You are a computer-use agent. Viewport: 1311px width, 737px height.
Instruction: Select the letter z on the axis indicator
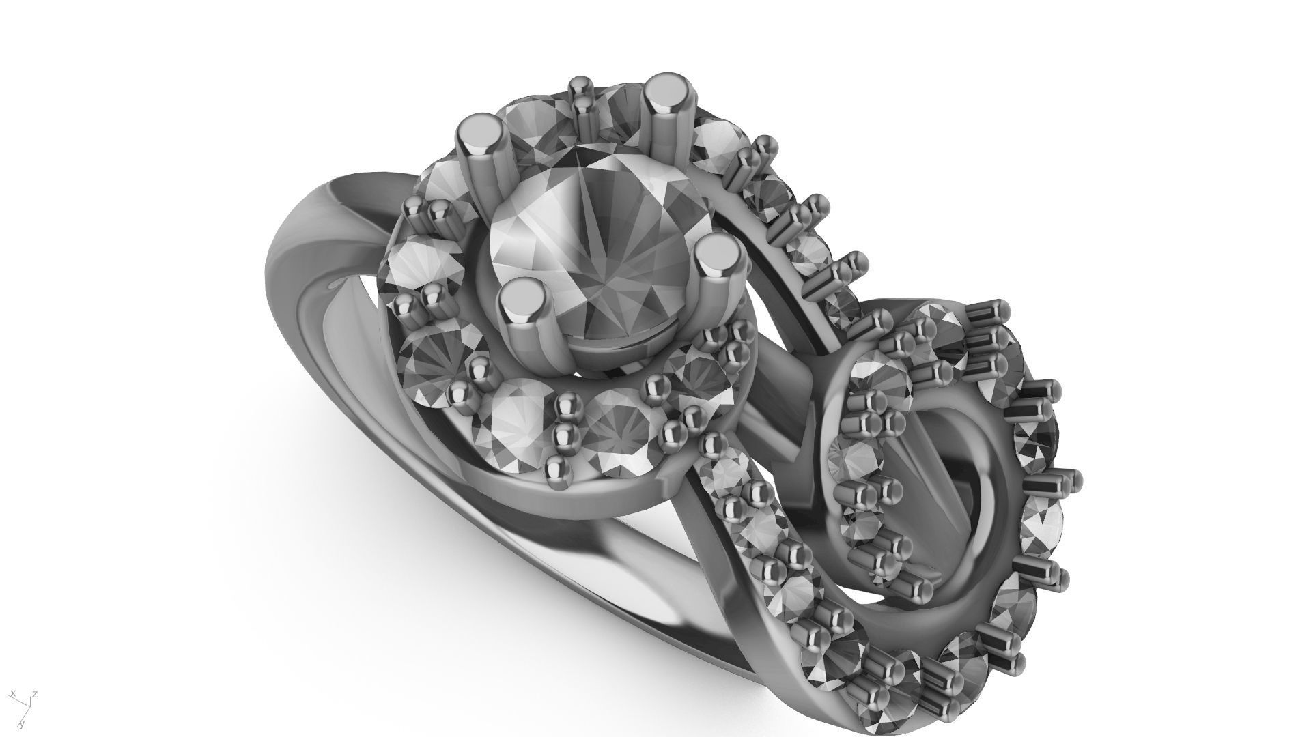coord(35,694)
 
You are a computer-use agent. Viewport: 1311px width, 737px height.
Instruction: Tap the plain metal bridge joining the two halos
coord(785,382)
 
